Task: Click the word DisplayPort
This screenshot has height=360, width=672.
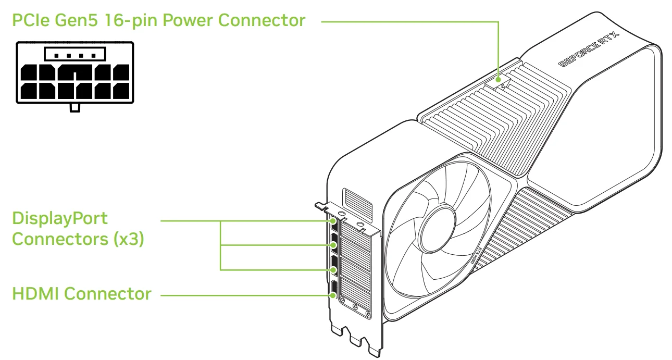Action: [x=60, y=219]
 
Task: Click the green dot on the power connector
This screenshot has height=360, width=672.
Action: [x=499, y=80]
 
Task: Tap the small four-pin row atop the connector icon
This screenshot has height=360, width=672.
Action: [x=75, y=53]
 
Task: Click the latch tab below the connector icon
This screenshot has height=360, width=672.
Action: [x=75, y=107]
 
